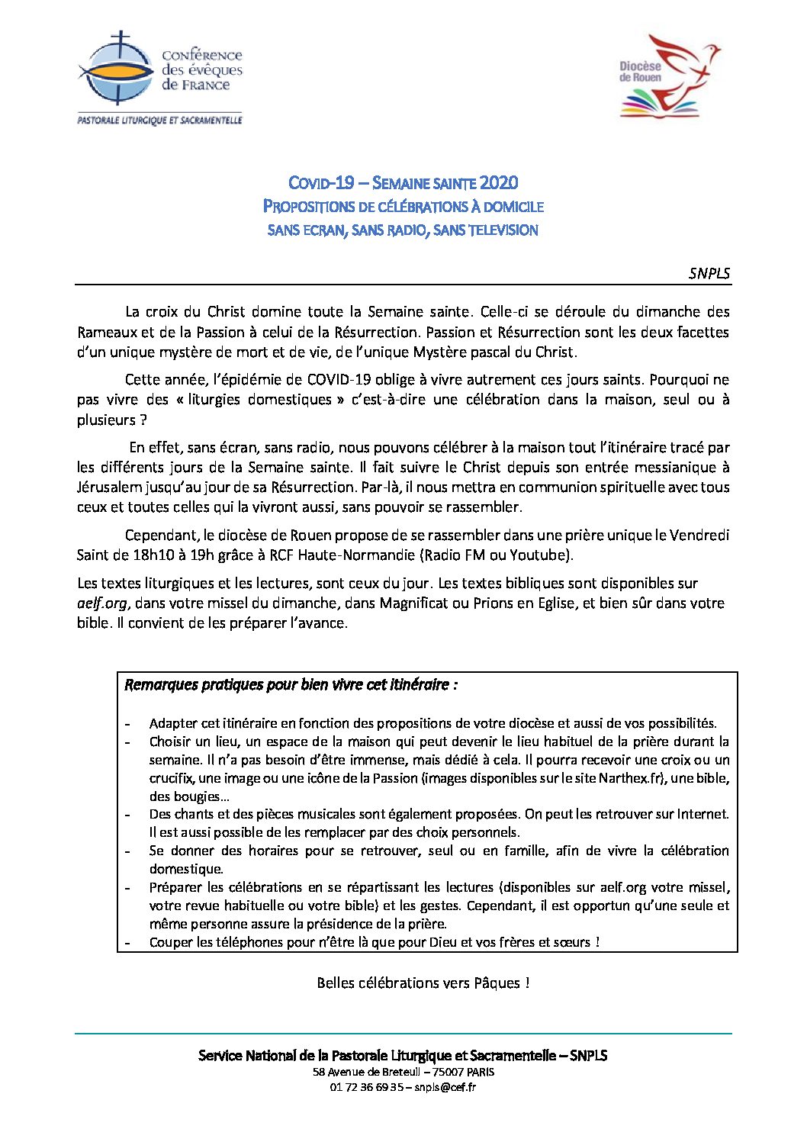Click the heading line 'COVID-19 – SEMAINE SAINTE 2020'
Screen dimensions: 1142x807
click(403, 183)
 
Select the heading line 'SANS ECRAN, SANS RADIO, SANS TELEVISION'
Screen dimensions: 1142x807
click(403, 230)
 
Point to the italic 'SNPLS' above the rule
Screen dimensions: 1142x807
click(709, 274)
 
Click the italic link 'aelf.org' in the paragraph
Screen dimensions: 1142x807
click(102, 603)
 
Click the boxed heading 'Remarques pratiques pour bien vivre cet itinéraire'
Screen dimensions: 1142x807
click(290, 685)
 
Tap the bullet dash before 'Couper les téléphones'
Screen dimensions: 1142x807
click(128, 943)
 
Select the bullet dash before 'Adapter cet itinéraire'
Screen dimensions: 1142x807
click(128, 724)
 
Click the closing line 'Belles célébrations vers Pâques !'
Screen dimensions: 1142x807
click(423, 983)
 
